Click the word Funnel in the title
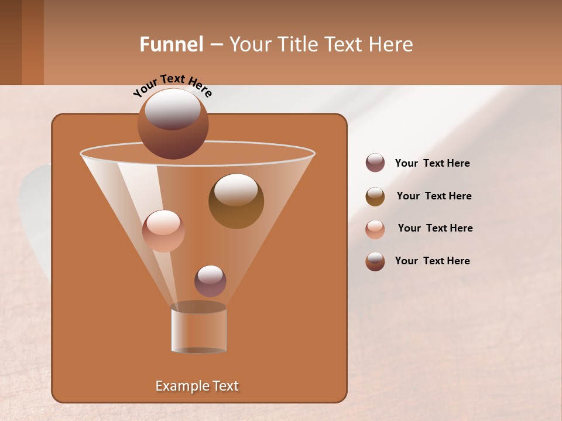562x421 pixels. point(172,44)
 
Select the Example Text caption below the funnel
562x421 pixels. point(197,386)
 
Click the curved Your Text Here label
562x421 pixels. point(172,85)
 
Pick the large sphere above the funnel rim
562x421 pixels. point(173,124)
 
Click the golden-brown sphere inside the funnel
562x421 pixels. point(236,201)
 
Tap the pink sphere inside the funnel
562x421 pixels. point(163,230)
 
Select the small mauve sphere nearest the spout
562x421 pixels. point(210,281)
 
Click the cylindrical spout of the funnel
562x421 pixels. point(198,329)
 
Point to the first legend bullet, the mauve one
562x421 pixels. point(375,163)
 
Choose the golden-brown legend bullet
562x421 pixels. point(375,196)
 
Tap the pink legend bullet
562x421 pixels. point(375,229)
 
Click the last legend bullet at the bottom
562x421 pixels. point(375,261)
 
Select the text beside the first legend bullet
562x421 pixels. point(432,164)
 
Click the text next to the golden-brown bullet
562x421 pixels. point(434,196)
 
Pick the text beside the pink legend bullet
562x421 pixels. point(435,228)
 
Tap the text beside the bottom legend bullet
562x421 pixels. point(432,261)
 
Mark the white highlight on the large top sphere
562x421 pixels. point(173,109)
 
